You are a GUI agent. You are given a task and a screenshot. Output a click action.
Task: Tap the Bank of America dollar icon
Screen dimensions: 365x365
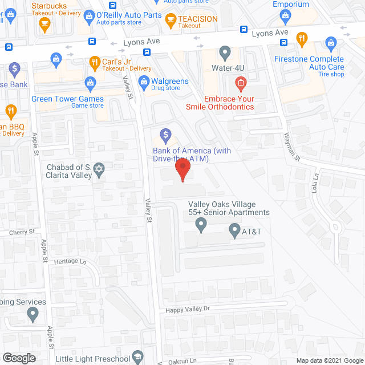click(165, 136)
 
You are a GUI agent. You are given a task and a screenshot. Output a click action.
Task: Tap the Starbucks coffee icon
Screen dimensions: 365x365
click(44, 23)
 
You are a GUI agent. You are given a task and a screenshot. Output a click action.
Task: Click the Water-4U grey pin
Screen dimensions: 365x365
click(225, 54)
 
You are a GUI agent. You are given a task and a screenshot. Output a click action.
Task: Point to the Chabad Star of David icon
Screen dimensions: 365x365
click(99, 170)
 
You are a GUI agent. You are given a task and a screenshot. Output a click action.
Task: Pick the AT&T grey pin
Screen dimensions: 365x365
click(234, 232)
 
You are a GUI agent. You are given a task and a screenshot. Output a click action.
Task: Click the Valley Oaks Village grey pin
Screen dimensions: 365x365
click(201, 226)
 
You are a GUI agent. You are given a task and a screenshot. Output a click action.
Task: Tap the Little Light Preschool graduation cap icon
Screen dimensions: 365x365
click(137, 358)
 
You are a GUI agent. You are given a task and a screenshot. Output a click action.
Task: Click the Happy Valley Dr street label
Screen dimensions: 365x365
click(188, 310)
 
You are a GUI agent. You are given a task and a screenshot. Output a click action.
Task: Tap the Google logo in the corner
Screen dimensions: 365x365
click(18, 358)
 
